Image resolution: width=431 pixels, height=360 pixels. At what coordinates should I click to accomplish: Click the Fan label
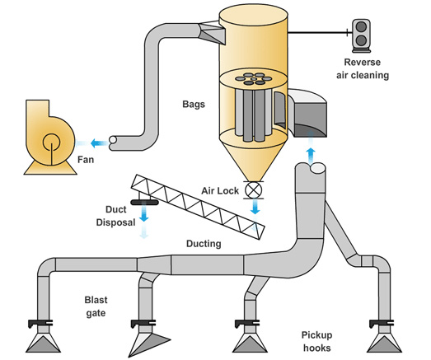point(86,159)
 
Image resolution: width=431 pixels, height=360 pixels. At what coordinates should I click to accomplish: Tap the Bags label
point(194,104)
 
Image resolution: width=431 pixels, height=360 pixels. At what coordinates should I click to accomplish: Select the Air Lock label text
point(220,190)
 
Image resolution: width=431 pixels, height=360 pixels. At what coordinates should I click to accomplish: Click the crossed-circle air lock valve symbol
point(253,190)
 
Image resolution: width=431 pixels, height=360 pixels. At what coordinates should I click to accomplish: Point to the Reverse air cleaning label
point(363,68)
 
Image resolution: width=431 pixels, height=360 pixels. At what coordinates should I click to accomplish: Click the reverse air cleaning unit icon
point(361,35)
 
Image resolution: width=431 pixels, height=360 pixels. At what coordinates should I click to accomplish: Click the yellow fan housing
point(49,138)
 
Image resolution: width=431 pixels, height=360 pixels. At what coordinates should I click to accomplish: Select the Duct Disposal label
point(115,216)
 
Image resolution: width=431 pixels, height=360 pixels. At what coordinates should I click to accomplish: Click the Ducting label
point(204,244)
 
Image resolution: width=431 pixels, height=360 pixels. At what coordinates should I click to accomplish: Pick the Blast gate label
point(96,306)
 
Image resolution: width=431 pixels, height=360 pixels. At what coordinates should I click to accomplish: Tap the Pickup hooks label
point(316,341)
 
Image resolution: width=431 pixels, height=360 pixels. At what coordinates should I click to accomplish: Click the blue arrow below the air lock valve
point(255,207)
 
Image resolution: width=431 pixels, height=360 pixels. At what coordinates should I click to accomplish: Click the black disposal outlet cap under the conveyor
point(144,203)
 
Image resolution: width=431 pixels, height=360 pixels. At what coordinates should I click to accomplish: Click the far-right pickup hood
point(384,340)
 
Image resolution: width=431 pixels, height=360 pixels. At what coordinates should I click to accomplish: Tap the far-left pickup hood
point(43,340)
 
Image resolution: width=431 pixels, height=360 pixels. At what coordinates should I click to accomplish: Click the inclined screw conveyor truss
point(198,207)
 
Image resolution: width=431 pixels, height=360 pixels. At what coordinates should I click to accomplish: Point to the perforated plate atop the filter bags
point(254,78)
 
